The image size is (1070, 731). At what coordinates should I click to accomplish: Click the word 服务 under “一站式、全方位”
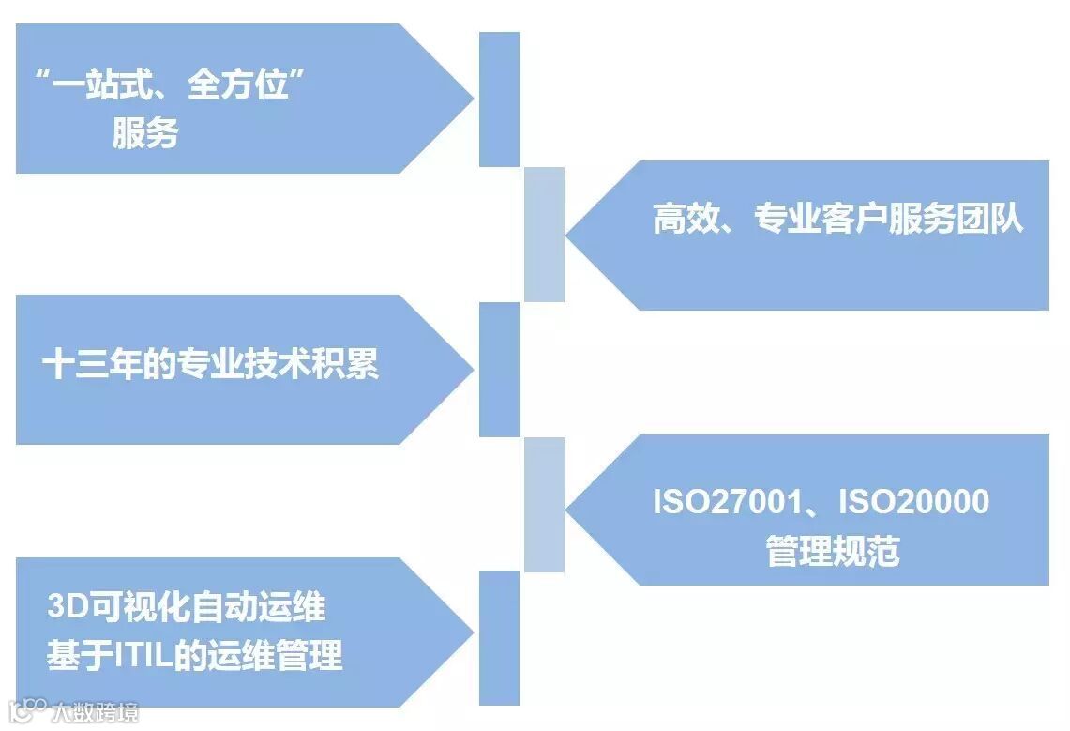pyautogui.click(x=145, y=133)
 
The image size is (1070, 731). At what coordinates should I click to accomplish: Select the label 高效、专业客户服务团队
pyautogui.click(x=837, y=220)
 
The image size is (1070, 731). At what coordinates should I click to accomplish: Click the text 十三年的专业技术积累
pyautogui.click(x=211, y=364)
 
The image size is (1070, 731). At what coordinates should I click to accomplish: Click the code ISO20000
pyautogui.click(x=913, y=502)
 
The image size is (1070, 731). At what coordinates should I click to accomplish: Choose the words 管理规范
pyautogui.click(x=833, y=551)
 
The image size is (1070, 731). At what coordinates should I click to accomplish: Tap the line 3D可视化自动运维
pyautogui.click(x=187, y=607)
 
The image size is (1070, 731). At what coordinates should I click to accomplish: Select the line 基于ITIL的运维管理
pyautogui.click(x=195, y=655)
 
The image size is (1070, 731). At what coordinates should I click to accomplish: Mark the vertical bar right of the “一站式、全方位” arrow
pyautogui.click(x=499, y=99)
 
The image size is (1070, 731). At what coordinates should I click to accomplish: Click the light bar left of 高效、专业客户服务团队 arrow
pyautogui.click(x=544, y=235)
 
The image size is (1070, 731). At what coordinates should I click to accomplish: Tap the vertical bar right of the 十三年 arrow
pyautogui.click(x=499, y=370)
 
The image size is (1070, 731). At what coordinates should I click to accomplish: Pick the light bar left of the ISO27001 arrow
pyautogui.click(x=544, y=505)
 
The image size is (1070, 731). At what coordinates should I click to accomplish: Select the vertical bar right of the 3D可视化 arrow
pyautogui.click(x=499, y=637)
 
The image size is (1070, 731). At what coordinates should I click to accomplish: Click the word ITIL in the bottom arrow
pyautogui.click(x=143, y=655)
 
